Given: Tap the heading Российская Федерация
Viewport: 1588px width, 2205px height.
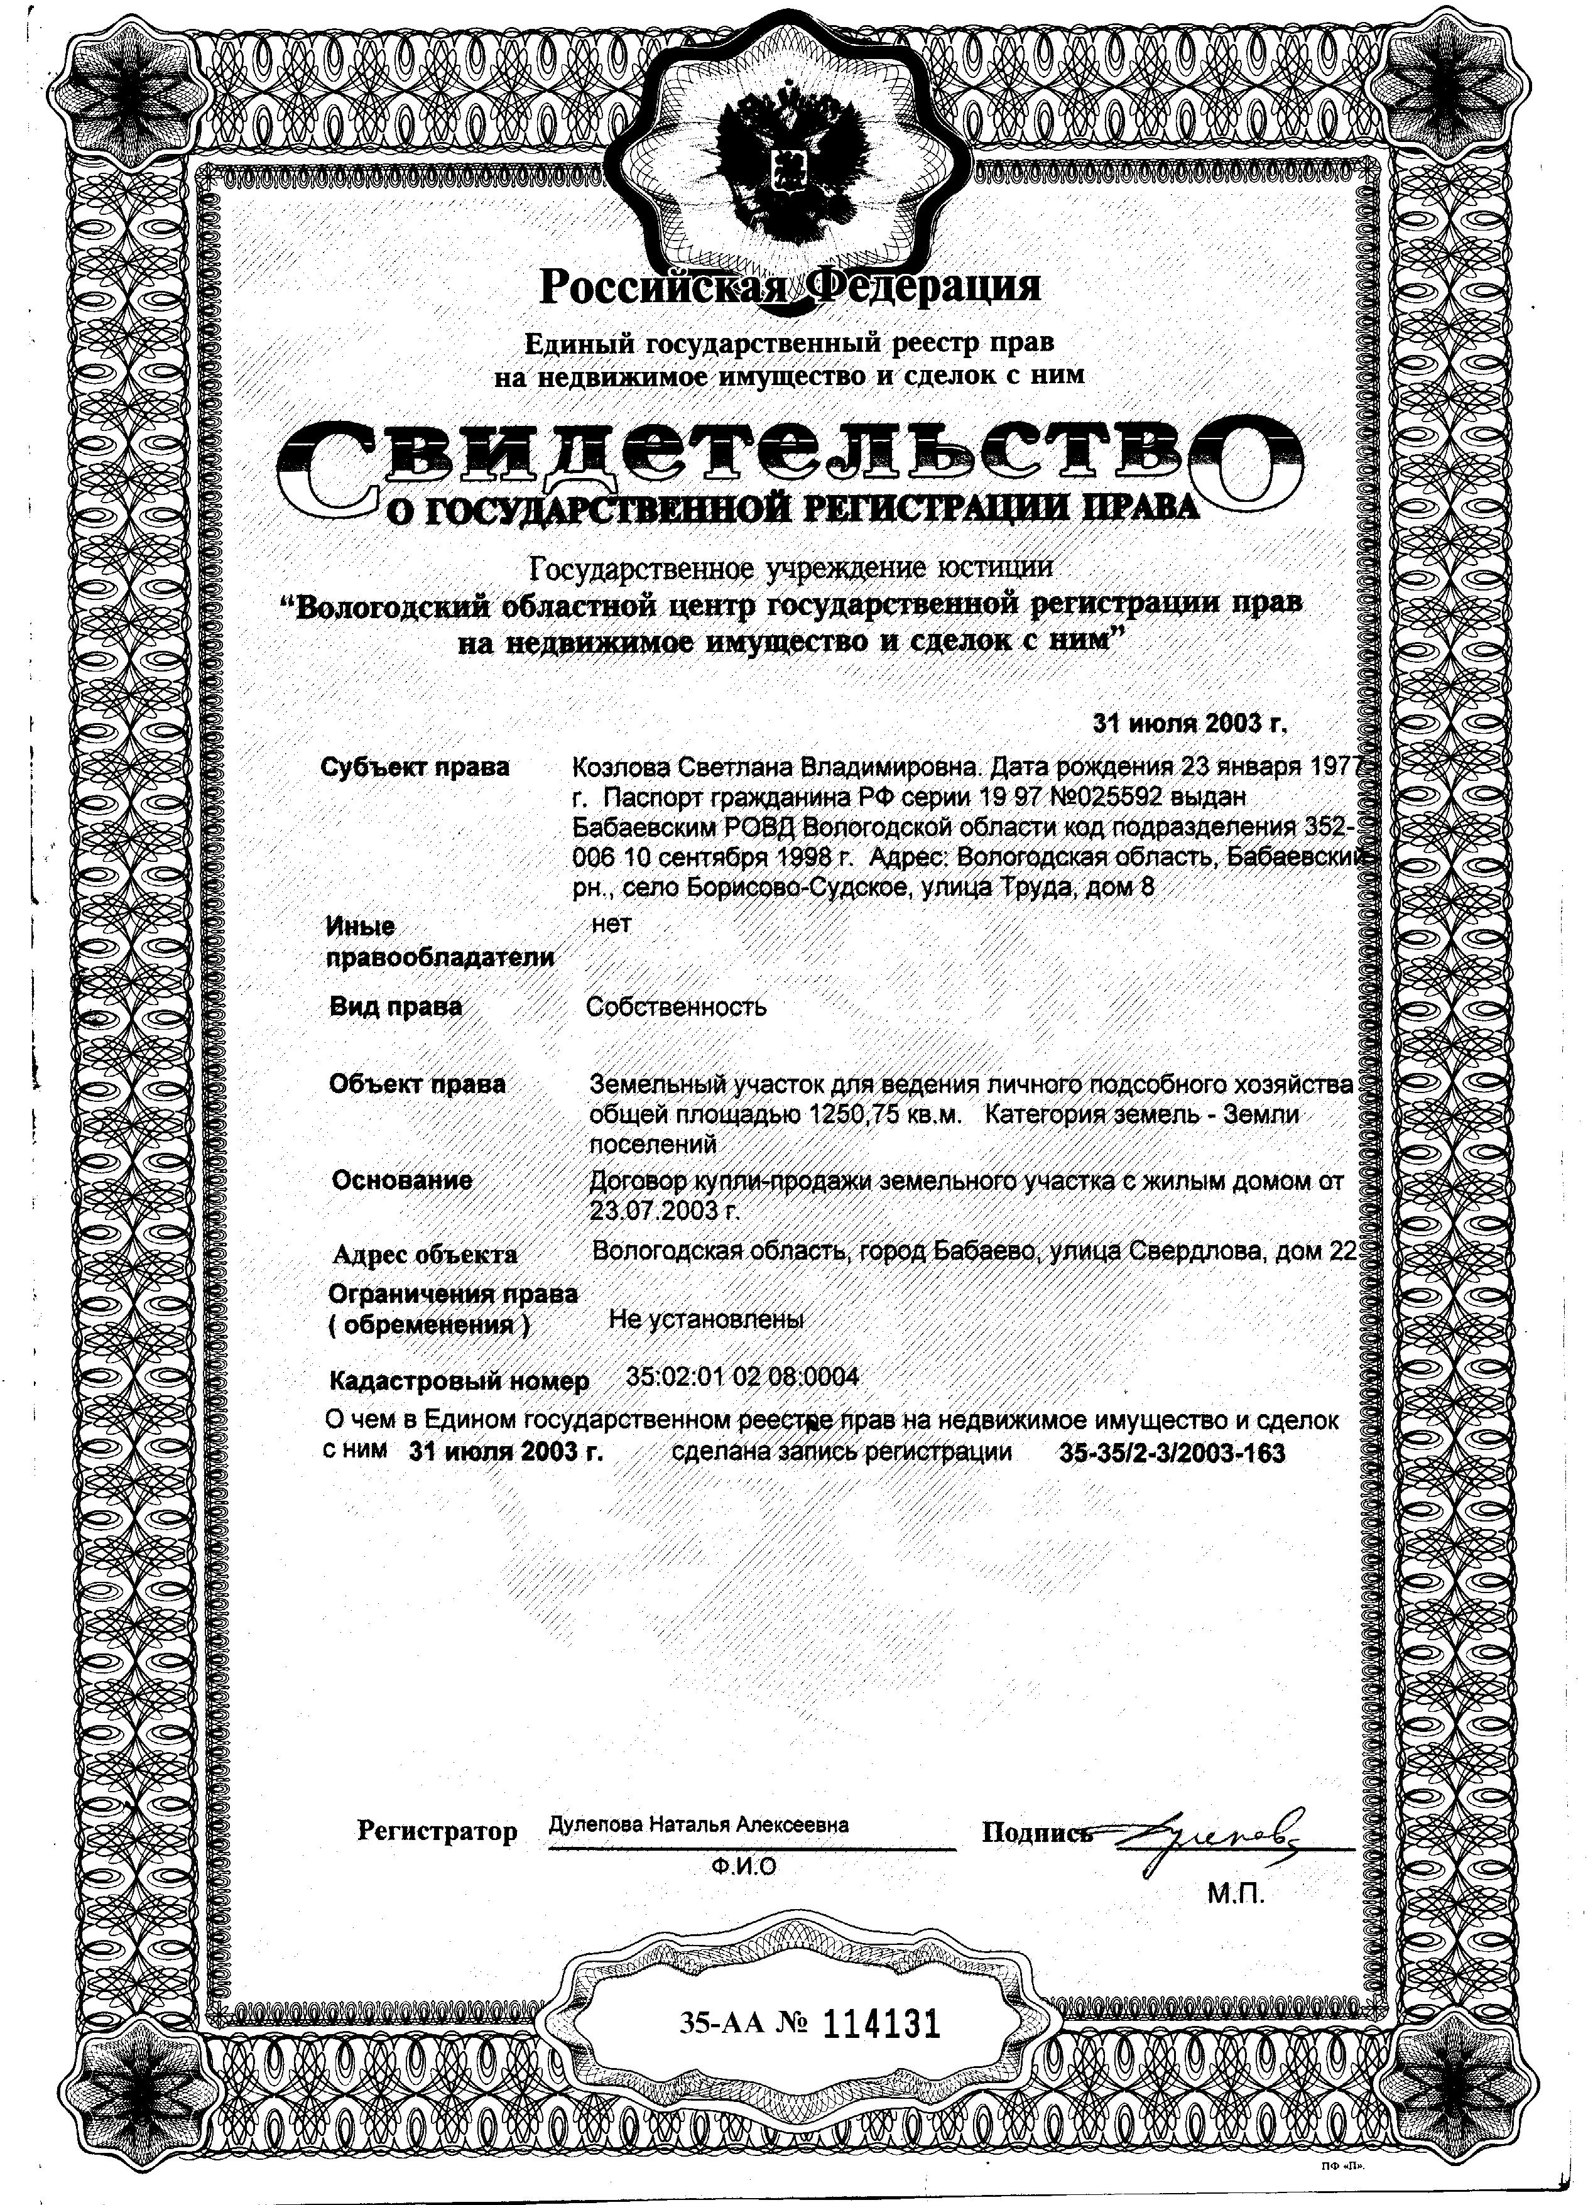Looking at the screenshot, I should (790, 285).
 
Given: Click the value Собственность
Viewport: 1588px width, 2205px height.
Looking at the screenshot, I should (676, 1006).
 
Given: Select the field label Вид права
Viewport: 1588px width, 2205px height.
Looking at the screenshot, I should (396, 1006).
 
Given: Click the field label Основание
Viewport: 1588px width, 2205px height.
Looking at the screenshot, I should (401, 1180).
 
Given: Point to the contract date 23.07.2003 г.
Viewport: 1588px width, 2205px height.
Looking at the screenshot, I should (664, 1211).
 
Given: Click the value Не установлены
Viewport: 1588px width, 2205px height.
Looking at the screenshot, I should (706, 1319).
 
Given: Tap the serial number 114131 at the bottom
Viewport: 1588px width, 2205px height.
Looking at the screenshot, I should (883, 2023).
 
